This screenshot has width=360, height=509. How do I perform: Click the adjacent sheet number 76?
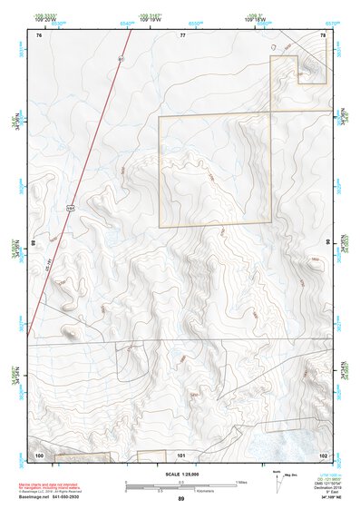pyautogui.click(x=39, y=34)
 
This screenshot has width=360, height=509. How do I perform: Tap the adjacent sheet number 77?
pyautogui.click(x=181, y=34)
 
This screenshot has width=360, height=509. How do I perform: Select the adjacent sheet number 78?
pyautogui.click(x=323, y=34)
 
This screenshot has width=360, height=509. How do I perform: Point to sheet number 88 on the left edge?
pyautogui.click(x=34, y=243)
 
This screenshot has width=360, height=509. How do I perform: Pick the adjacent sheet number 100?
pyautogui.click(x=39, y=454)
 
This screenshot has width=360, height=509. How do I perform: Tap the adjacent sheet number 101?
pyautogui.click(x=181, y=454)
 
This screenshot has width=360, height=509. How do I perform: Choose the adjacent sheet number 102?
pyautogui.click(x=323, y=454)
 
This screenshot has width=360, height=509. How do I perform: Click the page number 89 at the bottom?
pyautogui.click(x=181, y=499)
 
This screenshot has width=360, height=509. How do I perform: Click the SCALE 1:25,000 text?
pyautogui.click(x=181, y=474)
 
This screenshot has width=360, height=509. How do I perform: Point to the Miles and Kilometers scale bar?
pyautogui.click(x=181, y=485)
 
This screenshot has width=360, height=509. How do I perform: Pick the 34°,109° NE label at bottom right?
pyautogui.click(x=331, y=498)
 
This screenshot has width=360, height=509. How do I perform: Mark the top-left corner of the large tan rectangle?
pyautogui.click(x=160, y=116)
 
